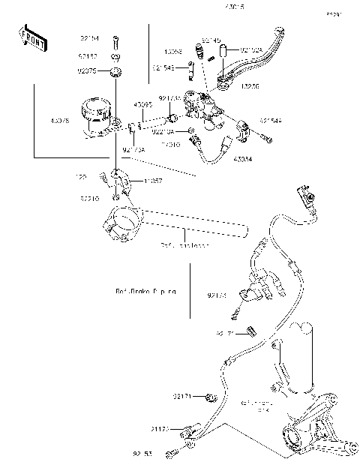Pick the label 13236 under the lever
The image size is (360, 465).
click(250, 86)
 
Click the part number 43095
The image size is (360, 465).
click(143, 105)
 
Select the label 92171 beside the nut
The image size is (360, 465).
click(183, 396)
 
